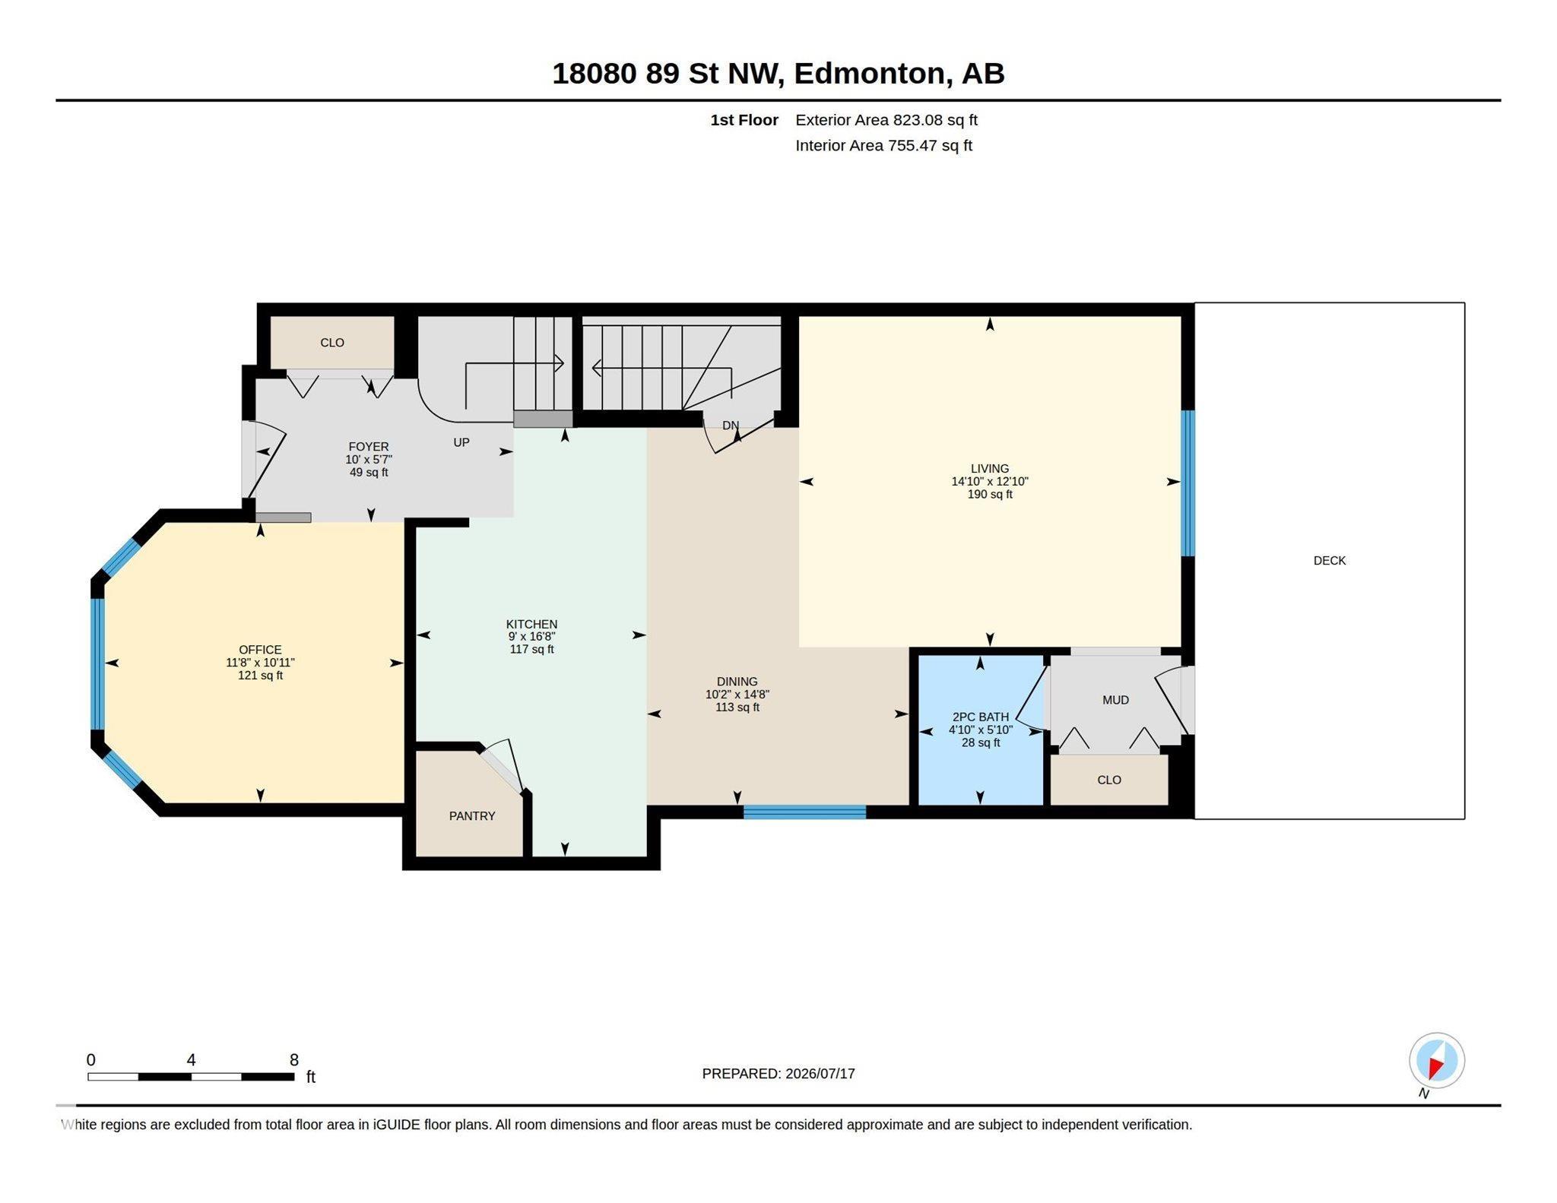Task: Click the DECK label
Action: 1329,560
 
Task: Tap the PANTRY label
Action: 472,815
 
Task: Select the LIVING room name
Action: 989,469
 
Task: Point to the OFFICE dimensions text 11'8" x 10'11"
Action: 260,663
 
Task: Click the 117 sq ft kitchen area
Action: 531,649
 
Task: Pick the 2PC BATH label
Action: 981,717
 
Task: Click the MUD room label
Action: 1115,700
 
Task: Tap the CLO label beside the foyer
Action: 332,343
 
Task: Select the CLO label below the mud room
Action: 1109,780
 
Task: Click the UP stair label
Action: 461,442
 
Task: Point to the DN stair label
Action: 731,426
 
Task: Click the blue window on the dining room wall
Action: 804,812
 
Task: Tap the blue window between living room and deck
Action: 1188,483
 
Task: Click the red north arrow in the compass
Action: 1435,1068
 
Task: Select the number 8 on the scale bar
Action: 294,1059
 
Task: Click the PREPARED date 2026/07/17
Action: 820,1074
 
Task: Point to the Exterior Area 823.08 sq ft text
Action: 886,120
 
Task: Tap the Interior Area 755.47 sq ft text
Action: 884,145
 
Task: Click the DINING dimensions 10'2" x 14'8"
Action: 737,694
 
